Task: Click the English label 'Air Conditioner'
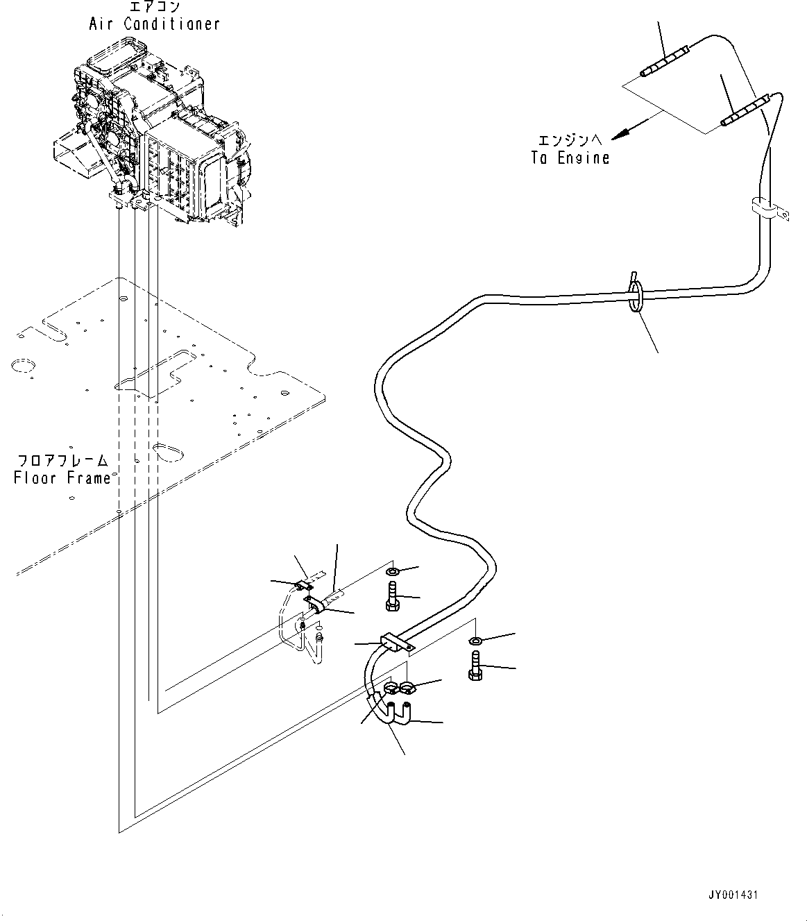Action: (x=154, y=24)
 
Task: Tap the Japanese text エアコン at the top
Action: (x=153, y=7)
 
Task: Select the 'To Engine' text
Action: (x=570, y=158)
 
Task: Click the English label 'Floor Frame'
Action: (x=62, y=478)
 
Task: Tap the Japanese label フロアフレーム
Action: (x=63, y=461)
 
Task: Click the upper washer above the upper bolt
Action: (x=392, y=572)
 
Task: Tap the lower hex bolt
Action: (x=475, y=666)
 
